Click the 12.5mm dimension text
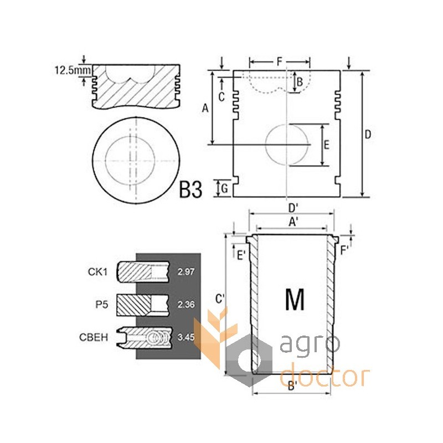click(x=73, y=70)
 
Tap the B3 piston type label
click(x=190, y=190)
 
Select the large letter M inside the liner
click(x=295, y=300)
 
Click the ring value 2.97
click(x=186, y=272)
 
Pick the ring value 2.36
click(x=186, y=305)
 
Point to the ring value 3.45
click(x=186, y=337)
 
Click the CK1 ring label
click(x=98, y=272)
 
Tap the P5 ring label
click(x=102, y=305)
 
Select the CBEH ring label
click(x=94, y=337)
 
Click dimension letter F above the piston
click(x=280, y=61)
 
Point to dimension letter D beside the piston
click(x=367, y=135)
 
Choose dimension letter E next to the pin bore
click(x=327, y=145)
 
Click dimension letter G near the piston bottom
click(x=225, y=188)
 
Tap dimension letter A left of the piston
click(x=205, y=108)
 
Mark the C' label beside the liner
click(x=220, y=298)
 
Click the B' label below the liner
click(x=292, y=386)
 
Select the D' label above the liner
click(x=293, y=209)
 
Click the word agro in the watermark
click(x=310, y=343)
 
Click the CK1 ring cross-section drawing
click(x=143, y=272)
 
